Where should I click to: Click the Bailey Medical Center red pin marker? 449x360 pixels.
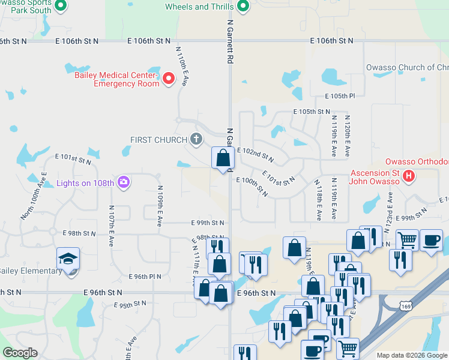pos(169,78)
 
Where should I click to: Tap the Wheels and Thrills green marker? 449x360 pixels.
pos(243,7)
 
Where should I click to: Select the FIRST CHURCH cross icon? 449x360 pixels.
pos(196,140)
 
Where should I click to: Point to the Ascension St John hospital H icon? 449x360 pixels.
pos(409,176)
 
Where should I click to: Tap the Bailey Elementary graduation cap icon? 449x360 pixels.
pos(68,260)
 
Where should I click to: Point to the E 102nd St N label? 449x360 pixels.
pos(256,155)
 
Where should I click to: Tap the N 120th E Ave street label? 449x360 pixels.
pos(347,137)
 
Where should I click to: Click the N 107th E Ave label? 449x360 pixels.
pos(111,226)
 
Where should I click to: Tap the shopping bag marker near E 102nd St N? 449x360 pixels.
pos(223,159)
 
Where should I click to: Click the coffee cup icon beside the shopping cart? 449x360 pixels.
pos(431,240)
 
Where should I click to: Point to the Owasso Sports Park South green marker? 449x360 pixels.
pos(60,6)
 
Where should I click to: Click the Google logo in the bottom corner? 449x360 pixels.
pos(20,352)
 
